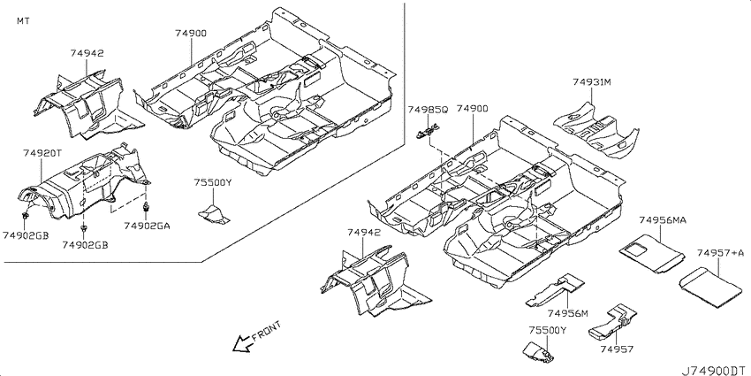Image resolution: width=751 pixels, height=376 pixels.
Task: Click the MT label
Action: click(x=23, y=21)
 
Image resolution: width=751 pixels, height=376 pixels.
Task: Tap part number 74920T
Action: click(x=42, y=153)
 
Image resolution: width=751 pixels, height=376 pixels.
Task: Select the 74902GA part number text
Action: click(x=147, y=226)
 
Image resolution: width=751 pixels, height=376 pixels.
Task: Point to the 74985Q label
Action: click(x=428, y=110)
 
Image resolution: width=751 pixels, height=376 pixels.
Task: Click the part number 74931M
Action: click(x=592, y=82)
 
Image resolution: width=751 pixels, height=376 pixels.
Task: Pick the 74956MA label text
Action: click(x=663, y=220)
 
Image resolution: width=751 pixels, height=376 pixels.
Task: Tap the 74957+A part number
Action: click(x=721, y=253)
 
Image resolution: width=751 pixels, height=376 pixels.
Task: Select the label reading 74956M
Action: click(x=567, y=314)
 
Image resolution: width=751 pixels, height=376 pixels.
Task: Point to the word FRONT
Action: click(x=266, y=331)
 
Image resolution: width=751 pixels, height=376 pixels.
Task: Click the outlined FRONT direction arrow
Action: click(x=242, y=343)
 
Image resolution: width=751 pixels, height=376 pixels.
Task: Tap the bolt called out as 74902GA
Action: click(x=145, y=207)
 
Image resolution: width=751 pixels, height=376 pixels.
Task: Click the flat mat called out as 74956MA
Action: click(x=652, y=253)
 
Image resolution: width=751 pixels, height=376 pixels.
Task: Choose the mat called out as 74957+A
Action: click(x=710, y=287)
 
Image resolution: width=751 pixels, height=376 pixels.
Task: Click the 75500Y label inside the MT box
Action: click(x=213, y=182)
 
